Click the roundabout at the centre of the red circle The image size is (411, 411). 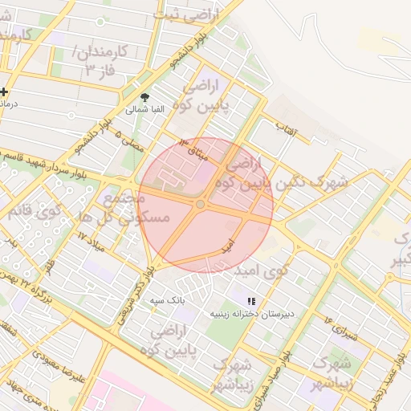coord(200,205)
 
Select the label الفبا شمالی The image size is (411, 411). coord(145,108)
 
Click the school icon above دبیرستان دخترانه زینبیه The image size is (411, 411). coord(251,301)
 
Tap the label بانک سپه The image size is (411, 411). coord(169,299)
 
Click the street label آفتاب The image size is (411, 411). coord(287,126)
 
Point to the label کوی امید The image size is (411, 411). coord(261,271)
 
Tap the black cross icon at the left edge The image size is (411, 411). coord(4,91)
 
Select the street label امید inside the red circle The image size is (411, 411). coord(230,242)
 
